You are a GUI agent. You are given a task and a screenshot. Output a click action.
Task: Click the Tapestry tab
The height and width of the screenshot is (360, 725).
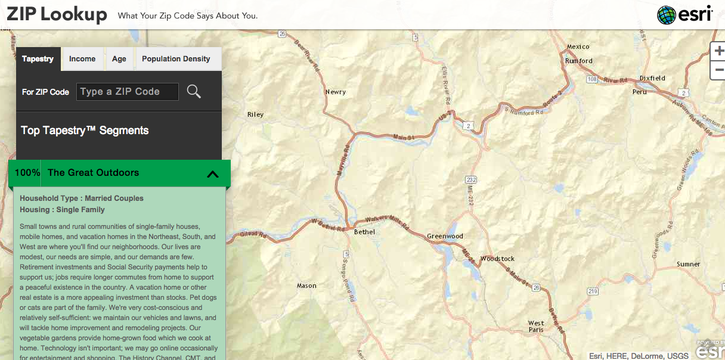(38, 59)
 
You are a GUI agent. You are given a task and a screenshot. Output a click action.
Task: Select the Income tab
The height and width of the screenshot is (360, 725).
(82, 59)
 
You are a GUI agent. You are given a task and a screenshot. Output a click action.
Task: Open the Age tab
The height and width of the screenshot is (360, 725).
(119, 59)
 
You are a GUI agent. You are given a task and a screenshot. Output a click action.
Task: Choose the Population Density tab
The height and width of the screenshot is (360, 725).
(176, 59)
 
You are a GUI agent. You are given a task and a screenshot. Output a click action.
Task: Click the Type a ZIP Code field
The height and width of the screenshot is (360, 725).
(128, 92)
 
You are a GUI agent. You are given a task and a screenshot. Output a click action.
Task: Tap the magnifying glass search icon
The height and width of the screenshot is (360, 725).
(194, 92)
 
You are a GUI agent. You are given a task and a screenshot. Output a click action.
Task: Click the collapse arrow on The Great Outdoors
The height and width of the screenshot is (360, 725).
(213, 174)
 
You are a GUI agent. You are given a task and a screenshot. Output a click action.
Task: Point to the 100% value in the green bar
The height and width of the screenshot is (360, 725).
(27, 173)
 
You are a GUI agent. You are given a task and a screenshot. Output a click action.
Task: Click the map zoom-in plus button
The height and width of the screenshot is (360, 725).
(718, 51)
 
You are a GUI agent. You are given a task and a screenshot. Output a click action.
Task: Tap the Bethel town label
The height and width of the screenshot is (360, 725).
(364, 231)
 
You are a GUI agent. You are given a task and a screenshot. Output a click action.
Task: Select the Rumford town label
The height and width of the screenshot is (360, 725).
(579, 61)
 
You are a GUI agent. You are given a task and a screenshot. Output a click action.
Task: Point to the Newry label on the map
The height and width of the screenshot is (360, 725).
(336, 92)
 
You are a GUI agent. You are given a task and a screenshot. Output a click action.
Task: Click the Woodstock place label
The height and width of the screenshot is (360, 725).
(497, 259)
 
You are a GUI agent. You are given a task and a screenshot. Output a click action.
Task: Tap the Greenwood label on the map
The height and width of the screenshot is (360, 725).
(445, 236)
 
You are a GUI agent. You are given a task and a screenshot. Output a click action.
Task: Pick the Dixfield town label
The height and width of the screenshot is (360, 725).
(652, 78)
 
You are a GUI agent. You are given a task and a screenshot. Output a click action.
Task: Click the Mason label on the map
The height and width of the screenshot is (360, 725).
(306, 285)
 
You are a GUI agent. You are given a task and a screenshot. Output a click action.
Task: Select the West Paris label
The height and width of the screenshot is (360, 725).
(536, 327)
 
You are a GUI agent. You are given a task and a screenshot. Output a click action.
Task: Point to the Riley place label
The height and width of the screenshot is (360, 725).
(255, 114)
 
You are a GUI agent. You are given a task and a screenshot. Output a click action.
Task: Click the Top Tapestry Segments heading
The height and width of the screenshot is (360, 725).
(85, 131)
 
